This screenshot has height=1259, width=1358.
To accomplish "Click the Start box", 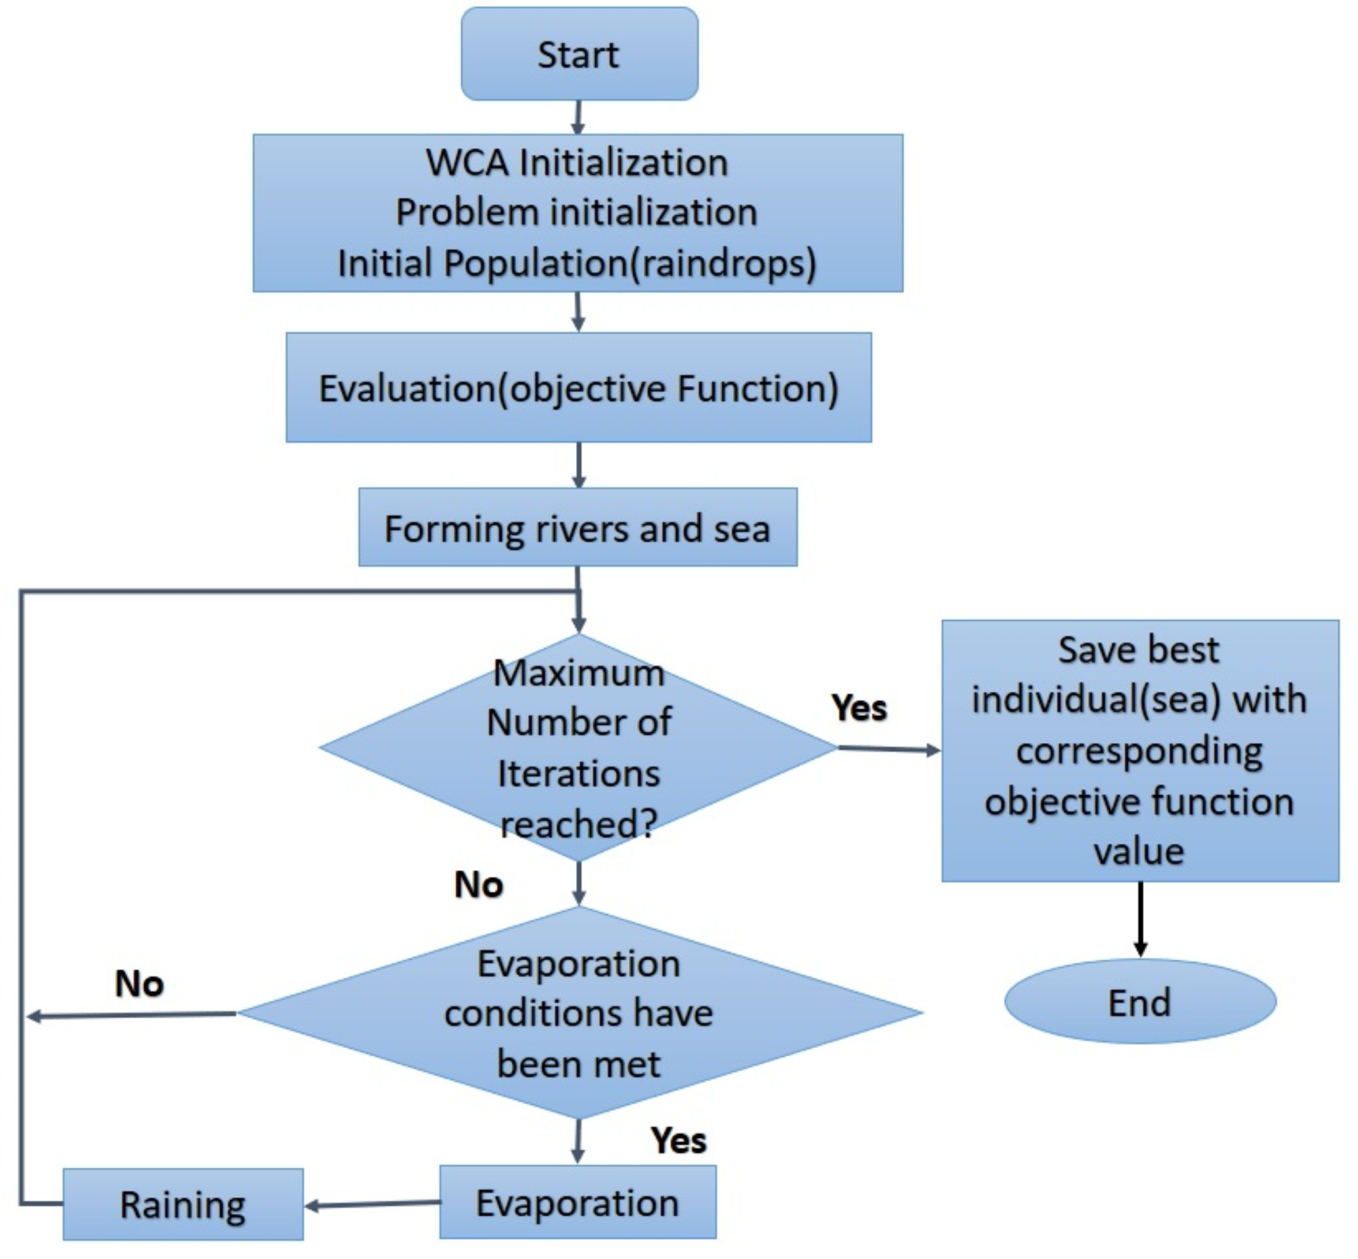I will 579,55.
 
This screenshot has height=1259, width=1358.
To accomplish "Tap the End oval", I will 1140,1001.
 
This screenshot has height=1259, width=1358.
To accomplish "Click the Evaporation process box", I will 577,1202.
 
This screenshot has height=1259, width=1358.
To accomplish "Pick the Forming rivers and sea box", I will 577,528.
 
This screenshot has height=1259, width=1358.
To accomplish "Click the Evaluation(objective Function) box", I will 578,388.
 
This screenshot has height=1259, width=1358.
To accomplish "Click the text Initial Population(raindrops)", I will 576,263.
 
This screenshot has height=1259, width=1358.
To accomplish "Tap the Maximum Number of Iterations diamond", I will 578,747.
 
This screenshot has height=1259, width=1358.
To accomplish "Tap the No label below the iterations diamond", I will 478,885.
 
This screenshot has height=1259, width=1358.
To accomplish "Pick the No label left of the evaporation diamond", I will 139,984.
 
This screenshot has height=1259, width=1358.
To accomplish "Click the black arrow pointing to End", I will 1140,920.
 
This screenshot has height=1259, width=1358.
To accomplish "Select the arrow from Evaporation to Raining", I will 371,1204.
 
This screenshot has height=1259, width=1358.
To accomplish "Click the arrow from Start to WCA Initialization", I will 578,117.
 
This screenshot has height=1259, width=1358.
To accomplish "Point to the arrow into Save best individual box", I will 889,749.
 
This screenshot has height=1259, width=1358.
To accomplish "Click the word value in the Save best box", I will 1139,851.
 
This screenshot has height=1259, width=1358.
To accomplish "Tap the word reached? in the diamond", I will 578,824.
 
